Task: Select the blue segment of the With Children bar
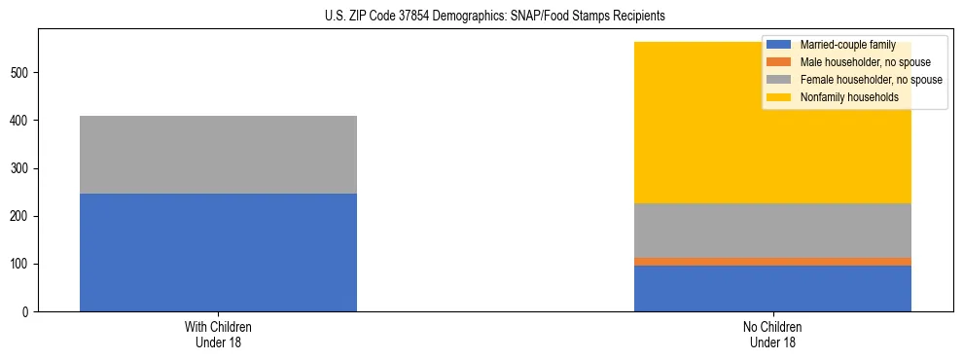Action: (218, 252)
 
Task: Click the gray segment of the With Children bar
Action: (218, 155)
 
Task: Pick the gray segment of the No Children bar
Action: (772, 231)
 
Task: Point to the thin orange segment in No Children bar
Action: (772, 262)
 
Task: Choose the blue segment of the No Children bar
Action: (772, 288)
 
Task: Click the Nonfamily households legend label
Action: (842, 97)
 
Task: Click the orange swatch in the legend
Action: (779, 62)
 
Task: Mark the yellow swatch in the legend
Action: (779, 97)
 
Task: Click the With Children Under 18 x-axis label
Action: (218, 335)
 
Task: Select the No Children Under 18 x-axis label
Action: (772, 335)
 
